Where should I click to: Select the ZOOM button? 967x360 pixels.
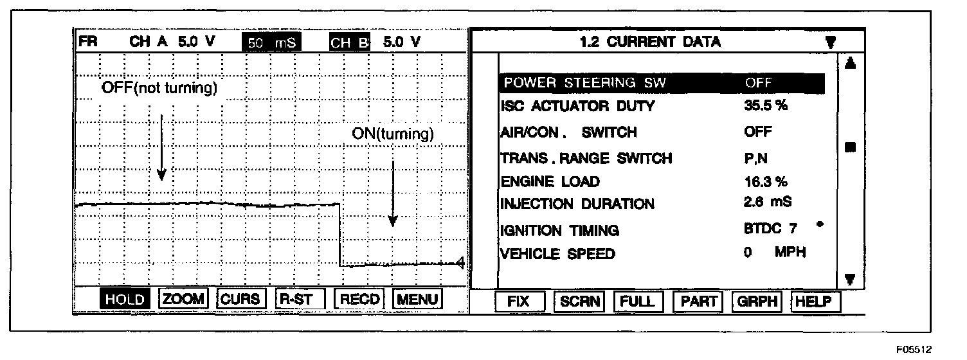pyautogui.click(x=183, y=299)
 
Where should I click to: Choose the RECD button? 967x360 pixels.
pyautogui.click(x=360, y=299)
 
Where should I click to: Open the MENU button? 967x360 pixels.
pyautogui.click(x=417, y=299)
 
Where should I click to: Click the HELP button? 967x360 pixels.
pyautogui.click(x=816, y=301)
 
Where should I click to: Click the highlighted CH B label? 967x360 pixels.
pyautogui.click(x=350, y=42)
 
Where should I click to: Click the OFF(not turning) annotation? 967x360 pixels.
pyautogui.click(x=159, y=88)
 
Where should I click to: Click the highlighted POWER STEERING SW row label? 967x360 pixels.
pyautogui.click(x=585, y=83)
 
